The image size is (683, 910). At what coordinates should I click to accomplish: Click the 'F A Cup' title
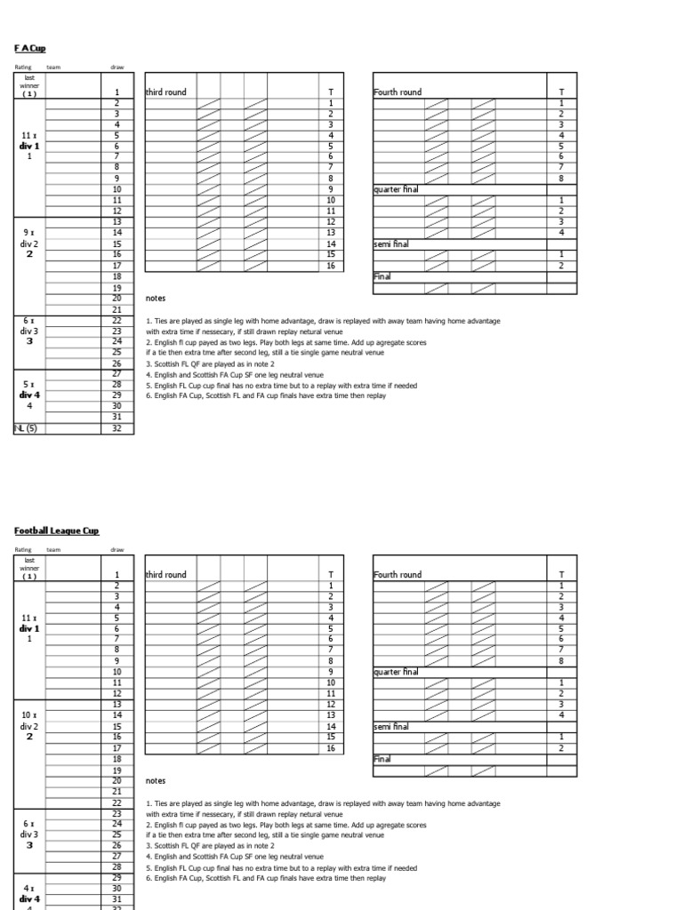(29, 47)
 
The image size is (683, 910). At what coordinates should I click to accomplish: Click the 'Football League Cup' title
(57, 531)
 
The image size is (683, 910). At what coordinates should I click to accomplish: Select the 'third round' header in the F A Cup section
(166, 92)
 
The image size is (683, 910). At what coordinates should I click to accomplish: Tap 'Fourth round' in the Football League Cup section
(398, 575)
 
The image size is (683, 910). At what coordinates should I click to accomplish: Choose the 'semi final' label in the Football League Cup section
(391, 726)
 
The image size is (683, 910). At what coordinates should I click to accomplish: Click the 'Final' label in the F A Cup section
(382, 276)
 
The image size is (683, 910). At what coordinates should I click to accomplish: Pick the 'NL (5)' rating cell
(26, 428)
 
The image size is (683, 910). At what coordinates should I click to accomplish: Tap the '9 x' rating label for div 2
(28, 233)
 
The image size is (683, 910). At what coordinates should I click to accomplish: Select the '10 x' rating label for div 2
(28, 714)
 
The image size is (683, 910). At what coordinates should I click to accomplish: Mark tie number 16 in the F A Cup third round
(331, 266)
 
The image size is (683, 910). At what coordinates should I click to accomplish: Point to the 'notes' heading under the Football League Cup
(156, 780)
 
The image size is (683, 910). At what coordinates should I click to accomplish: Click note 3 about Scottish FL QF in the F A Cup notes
(210, 363)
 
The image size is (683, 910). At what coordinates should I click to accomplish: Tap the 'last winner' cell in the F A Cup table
(28, 84)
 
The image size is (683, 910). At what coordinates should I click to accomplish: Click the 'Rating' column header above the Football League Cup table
(22, 550)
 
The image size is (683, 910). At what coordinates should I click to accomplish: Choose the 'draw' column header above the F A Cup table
(117, 68)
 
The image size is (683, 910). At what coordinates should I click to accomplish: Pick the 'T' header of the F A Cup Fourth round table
(561, 92)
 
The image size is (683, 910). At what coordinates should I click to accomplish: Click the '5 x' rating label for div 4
(28, 384)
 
